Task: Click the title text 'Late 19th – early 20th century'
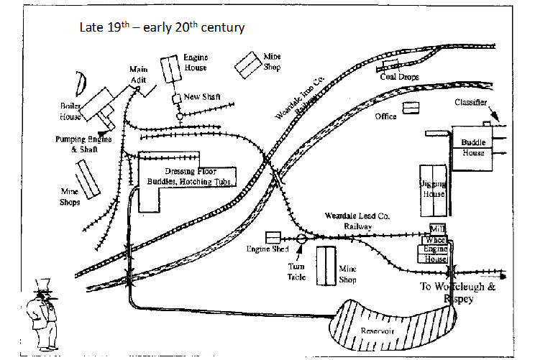coord(162,28)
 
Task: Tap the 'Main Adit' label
coord(138,75)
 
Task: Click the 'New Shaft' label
coord(202,97)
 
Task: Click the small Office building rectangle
coord(411,108)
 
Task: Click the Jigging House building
coord(434,190)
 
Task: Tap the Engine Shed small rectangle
coord(273,237)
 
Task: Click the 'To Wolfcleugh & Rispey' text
coord(457,292)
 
